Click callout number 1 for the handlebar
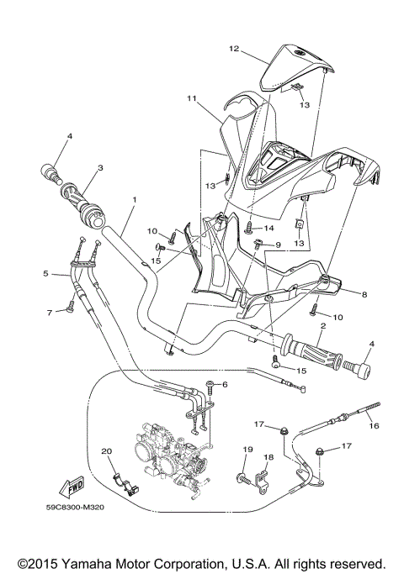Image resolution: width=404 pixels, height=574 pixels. (133, 200)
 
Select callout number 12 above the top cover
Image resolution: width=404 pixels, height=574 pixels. (236, 49)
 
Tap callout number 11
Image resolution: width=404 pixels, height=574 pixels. (192, 98)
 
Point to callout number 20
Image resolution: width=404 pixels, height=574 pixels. (107, 452)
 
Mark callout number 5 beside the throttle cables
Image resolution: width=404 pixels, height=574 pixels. (46, 273)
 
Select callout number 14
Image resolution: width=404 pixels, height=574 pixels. (270, 228)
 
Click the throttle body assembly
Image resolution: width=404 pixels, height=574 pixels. (168, 458)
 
